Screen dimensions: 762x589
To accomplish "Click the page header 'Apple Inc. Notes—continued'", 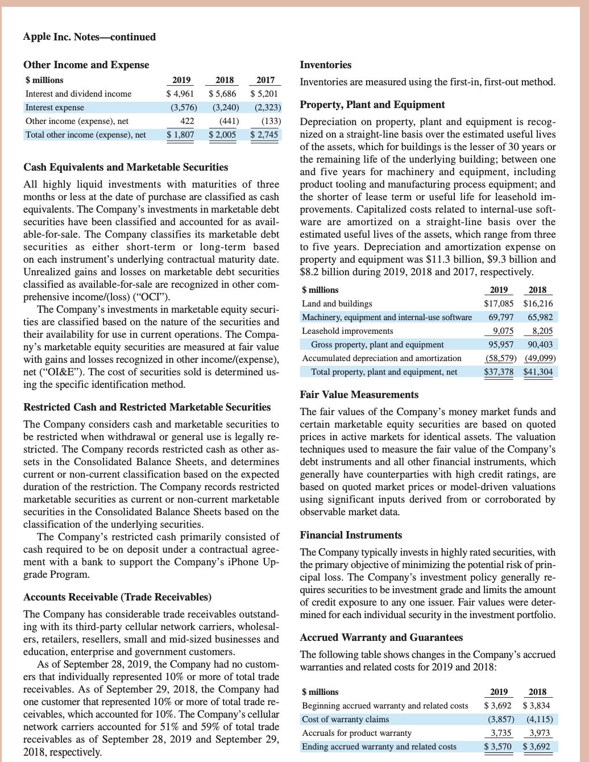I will click(x=89, y=37).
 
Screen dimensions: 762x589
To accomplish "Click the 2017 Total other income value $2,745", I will click(x=264, y=135).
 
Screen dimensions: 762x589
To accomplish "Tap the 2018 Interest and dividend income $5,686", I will click(x=223, y=94).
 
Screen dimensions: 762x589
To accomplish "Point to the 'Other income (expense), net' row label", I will click(x=77, y=121).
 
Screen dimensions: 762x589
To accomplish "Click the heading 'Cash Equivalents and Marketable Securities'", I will click(x=126, y=167).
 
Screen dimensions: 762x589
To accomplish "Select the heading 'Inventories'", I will click(x=326, y=65).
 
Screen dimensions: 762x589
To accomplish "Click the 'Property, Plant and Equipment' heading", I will click(x=372, y=105).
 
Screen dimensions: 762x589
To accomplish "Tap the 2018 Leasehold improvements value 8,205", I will click(x=542, y=331).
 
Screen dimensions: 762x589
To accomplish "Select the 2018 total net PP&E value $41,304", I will click(x=538, y=372).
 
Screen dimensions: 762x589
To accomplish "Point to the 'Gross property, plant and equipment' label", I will click(x=378, y=345).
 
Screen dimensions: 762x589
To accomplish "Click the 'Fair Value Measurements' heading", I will click(x=359, y=395).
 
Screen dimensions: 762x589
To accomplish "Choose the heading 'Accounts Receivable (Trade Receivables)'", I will click(x=117, y=597).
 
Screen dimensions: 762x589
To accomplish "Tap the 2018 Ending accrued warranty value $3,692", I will click(x=537, y=747).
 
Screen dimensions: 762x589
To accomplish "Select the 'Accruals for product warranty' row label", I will click(x=356, y=733).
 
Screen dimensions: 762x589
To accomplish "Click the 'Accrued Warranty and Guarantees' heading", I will click(x=381, y=637).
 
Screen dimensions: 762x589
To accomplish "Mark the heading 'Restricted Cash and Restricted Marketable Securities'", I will click(x=147, y=407).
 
